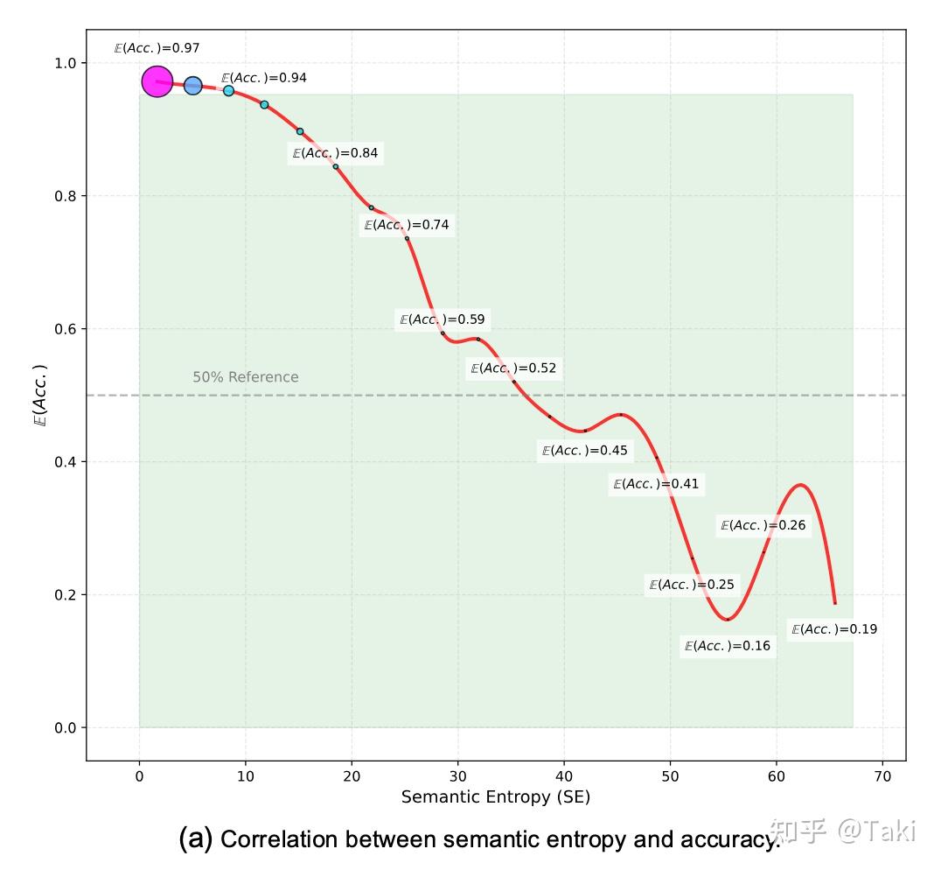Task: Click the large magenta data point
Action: pyautogui.click(x=157, y=82)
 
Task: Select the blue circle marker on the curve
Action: pyautogui.click(x=193, y=86)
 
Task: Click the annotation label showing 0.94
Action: pyautogui.click(x=263, y=78)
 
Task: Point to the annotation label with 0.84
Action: pyautogui.click(x=335, y=153)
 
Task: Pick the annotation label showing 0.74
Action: pyautogui.click(x=407, y=225)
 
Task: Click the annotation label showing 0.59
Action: pyautogui.click(x=442, y=319)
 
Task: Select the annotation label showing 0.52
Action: pyautogui.click(x=513, y=368)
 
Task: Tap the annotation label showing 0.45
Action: pyautogui.click(x=585, y=451)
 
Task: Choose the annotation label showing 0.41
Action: pyautogui.click(x=656, y=484)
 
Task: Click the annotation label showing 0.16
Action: pyautogui.click(x=728, y=646)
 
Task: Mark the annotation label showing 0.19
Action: pyautogui.click(x=833, y=629)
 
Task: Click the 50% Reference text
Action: pyautogui.click(x=245, y=377)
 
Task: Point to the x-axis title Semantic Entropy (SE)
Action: pyautogui.click(x=496, y=797)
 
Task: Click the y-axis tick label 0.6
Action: pyautogui.click(x=65, y=329)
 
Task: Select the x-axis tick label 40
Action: pyautogui.click(x=564, y=775)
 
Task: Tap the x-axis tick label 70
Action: pyautogui.click(x=882, y=775)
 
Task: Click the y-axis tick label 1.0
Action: pyautogui.click(x=65, y=63)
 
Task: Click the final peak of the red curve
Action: pyautogui.click(x=800, y=484)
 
